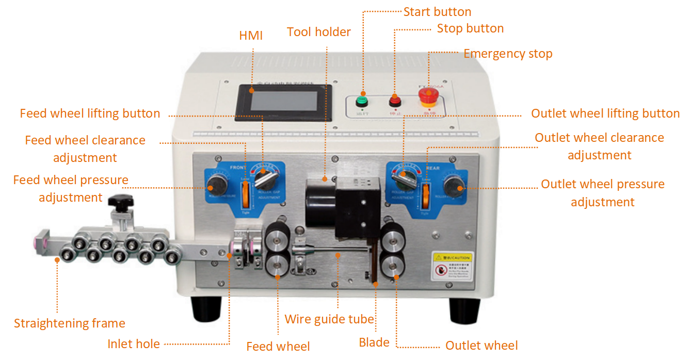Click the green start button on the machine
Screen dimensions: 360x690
[x=362, y=100]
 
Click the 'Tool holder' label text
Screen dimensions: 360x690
[x=318, y=32]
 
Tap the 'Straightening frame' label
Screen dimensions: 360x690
[x=69, y=323]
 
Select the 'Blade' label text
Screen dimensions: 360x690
[x=374, y=342]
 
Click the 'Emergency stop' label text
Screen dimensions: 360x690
[x=507, y=54]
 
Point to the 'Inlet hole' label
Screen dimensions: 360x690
[x=133, y=344]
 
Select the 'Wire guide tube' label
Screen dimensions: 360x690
[x=329, y=319]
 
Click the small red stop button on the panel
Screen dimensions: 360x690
[x=395, y=99]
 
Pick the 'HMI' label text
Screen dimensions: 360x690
[x=251, y=36]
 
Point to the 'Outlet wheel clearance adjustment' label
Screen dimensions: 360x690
[x=599, y=146]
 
